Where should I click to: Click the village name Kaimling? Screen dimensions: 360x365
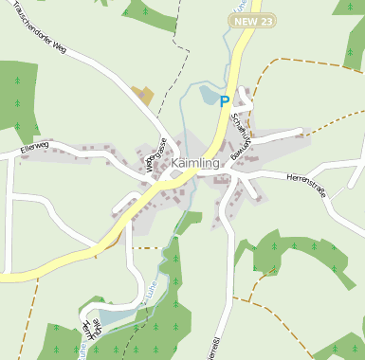(195, 164)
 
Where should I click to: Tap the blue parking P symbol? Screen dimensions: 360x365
(225, 100)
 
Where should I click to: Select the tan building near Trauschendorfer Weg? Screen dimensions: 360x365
(143, 95)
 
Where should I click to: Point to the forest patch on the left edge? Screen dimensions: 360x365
(17, 95)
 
